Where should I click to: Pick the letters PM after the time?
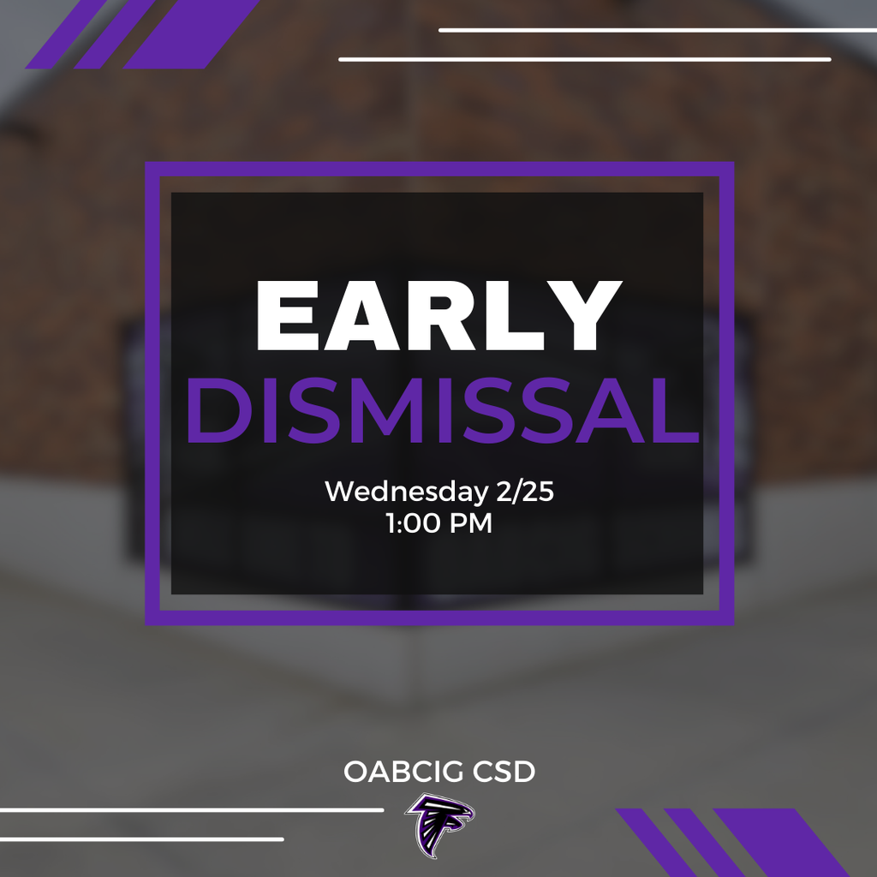(470, 523)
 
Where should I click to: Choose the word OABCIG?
(391, 772)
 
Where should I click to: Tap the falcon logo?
(440, 825)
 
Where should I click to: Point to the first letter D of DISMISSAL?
(213, 413)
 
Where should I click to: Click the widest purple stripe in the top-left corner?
(190, 34)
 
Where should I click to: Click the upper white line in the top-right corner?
(658, 30)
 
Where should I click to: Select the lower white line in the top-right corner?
(585, 59)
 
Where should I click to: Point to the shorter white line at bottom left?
(141, 838)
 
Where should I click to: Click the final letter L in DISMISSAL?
(674, 413)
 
